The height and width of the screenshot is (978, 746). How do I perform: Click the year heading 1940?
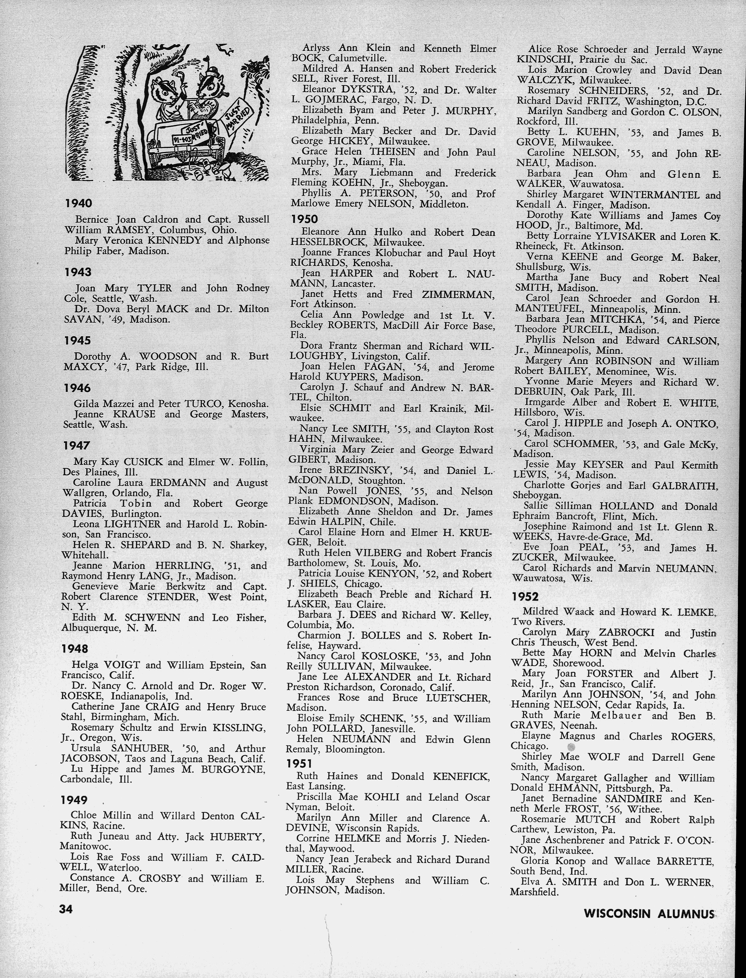[79, 204]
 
